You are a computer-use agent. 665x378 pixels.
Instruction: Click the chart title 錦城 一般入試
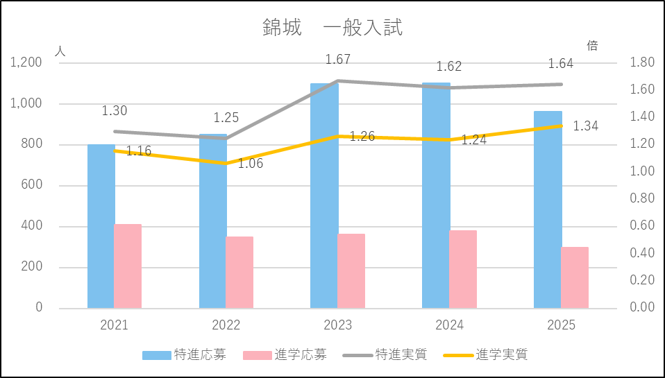pyautogui.click(x=332, y=28)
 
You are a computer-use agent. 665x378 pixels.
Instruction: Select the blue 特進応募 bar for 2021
pyautogui.click(x=101, y=229)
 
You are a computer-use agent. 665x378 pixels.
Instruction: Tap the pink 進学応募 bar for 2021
pyautogui.click(x=128, y=266)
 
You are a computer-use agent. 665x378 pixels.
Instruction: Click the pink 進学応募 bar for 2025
pyautogui.click(x=575, y=277)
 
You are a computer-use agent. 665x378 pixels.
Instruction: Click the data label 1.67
pyautogui.click(x=338, y=60)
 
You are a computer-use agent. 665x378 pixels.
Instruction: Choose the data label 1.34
pyautogui.click(x=586, y=126)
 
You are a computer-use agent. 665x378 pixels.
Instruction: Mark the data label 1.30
pyautogui.click(x=115, y=111)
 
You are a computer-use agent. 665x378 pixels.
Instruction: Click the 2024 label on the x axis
pyautogui.click(x=449, y=325)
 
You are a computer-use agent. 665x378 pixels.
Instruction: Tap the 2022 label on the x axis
pyautogui.click(x=226, y=325)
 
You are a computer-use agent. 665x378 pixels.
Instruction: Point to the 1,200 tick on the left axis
pyautogui.click(x=27, y=63)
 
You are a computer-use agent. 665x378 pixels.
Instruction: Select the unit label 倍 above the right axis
pyautogui.click(x=592, y=46)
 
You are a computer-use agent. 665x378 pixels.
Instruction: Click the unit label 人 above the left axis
pyautogui.click(x=60, y=51)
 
